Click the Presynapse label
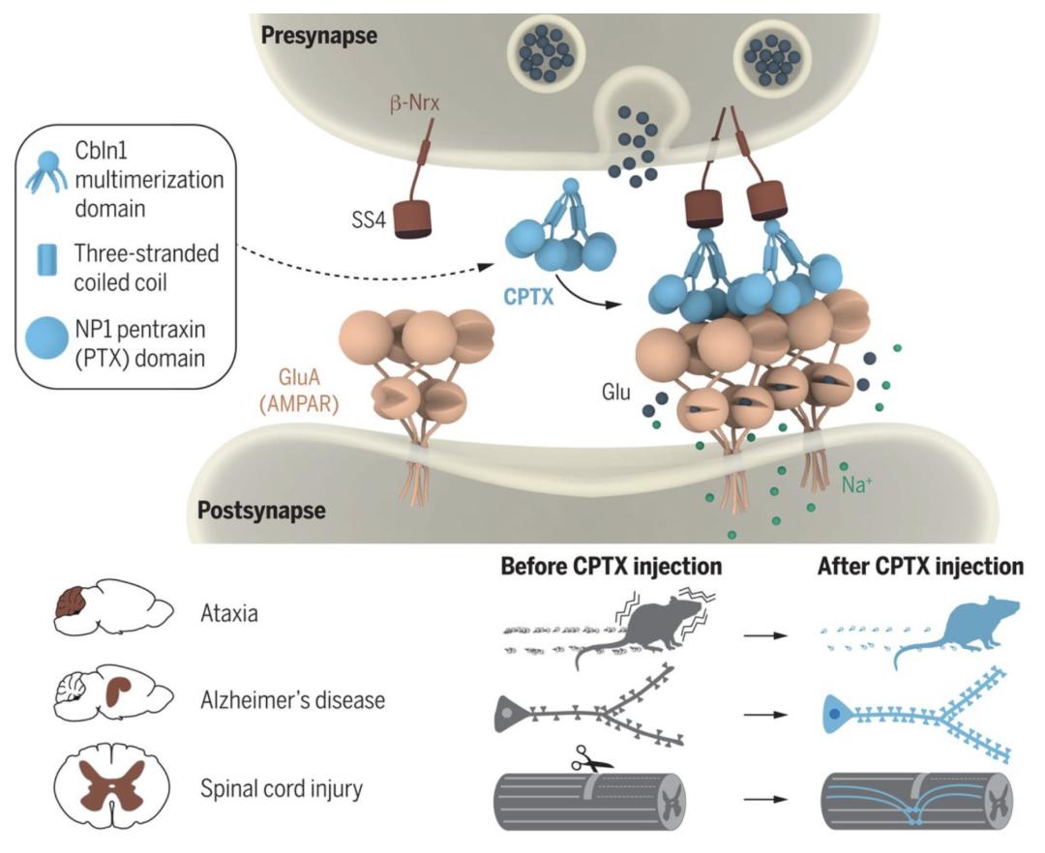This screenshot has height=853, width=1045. click(318, 37)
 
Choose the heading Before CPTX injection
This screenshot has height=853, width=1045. click(612, 566)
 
